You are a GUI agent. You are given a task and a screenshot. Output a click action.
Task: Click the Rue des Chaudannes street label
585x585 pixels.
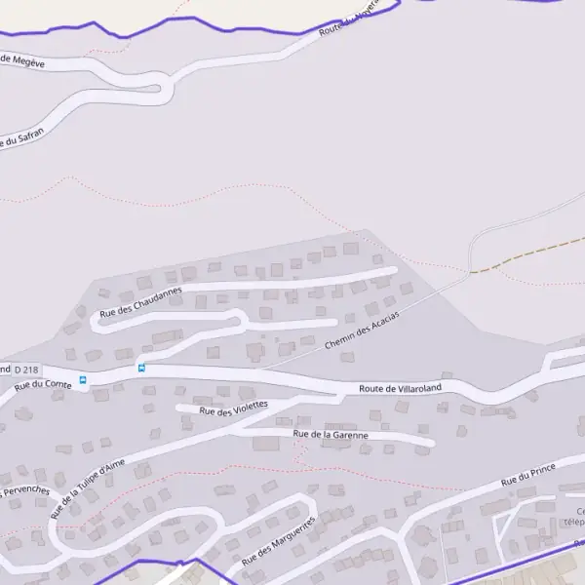140,300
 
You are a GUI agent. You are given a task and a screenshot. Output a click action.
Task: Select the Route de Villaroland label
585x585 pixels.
400,388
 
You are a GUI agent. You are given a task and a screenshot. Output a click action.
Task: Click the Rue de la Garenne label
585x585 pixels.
331,435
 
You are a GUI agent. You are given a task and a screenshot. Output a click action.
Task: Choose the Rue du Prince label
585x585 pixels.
527,476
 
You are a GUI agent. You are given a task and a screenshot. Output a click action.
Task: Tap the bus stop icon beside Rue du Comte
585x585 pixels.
83,380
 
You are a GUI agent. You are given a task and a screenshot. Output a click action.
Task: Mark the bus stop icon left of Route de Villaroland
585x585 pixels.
141,368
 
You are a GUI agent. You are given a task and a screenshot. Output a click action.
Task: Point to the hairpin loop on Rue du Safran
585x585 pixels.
166,94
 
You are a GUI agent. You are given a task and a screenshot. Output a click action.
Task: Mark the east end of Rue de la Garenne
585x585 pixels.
430,445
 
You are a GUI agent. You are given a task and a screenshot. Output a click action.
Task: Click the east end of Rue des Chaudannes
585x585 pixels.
392,271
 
